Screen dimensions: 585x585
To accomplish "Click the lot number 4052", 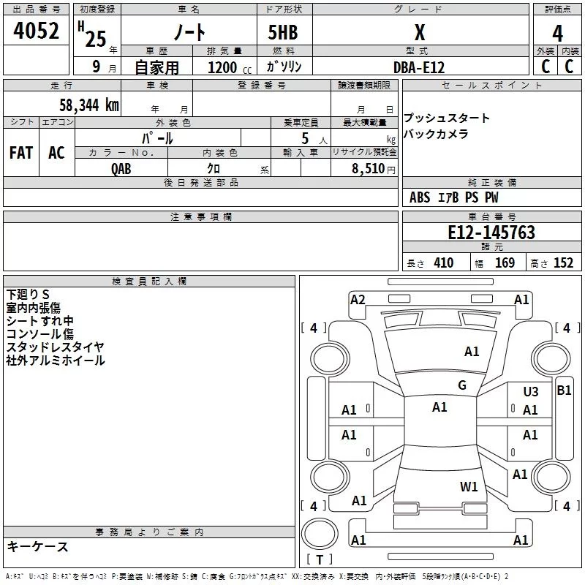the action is tap(37, 32).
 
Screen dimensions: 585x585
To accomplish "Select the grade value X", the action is tap(419, 33).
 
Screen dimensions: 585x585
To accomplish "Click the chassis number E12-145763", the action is tap(491, 233).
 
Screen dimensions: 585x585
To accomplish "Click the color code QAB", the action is tap(121, 168).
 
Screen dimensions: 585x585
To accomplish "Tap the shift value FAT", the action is tap(21, 153).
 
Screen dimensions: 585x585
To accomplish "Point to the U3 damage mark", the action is tap(530, 392).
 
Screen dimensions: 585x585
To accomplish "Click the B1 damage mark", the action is tap(564, 390).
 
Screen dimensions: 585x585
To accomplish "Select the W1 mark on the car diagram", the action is tap(469, 487).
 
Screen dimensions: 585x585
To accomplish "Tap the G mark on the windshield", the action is tap(462, 385).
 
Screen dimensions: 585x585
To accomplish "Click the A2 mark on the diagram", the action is tap(358, 299).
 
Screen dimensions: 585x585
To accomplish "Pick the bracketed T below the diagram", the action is tap(319, 559).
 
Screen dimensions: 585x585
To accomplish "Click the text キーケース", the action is tap(37, 547).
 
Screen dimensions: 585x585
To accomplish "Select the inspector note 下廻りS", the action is tap(29, 294).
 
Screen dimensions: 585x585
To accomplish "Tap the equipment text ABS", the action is tap(420, 197).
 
